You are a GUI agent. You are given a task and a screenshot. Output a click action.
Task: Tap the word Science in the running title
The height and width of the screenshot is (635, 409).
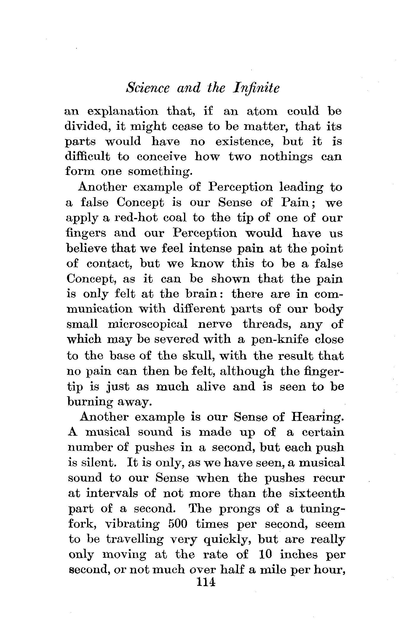148,88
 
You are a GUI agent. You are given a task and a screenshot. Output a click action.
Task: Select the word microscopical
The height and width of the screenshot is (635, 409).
147,324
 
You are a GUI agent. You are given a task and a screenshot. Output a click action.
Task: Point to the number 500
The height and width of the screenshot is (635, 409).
178,524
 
